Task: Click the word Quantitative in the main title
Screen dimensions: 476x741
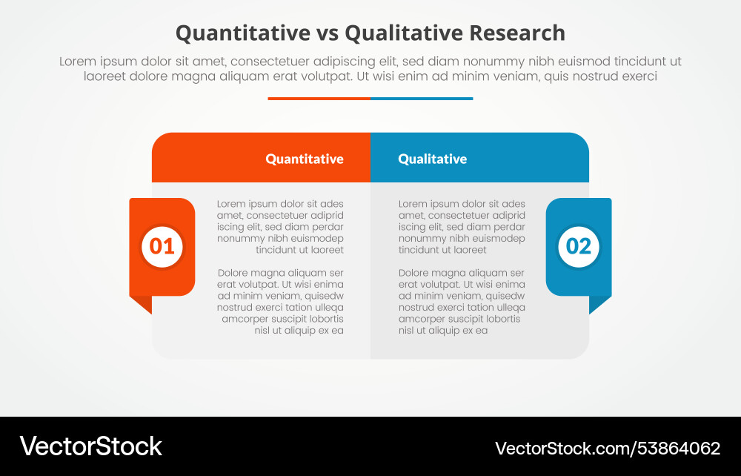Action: coord(243,33)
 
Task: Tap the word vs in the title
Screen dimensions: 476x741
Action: coord(328,33)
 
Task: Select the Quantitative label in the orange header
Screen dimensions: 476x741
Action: coord(305,159)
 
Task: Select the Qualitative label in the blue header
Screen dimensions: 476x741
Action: coord(432,159)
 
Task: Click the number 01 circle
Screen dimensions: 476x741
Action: coord(162,246)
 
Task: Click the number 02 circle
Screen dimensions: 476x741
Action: coord(579,246)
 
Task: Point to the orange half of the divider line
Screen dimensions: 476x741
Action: coord(319,98)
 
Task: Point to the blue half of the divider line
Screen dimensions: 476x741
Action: coord(421,98)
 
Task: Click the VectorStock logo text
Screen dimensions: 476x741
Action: coord(90,446)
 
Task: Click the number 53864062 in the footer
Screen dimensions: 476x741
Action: coord(676,448)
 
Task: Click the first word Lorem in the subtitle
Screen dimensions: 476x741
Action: coord(76,62)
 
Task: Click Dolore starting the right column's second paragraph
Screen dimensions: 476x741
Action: coord(415,273)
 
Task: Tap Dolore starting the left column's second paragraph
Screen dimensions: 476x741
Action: coord(233,273)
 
